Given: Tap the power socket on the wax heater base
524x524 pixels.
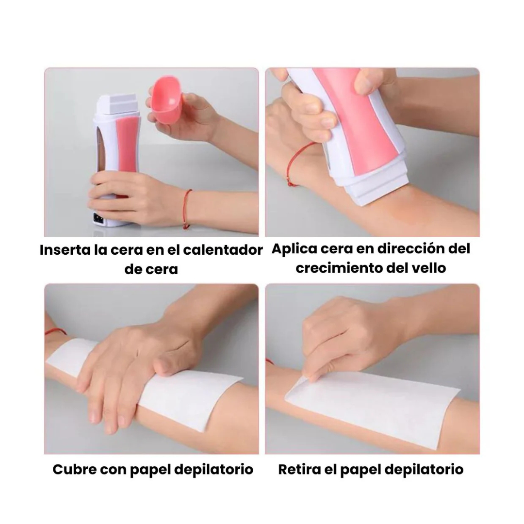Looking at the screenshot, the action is click(98, 218).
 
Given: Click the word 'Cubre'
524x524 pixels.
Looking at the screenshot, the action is click(74, 469).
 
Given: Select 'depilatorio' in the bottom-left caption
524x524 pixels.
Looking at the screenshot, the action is click(214, 470).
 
